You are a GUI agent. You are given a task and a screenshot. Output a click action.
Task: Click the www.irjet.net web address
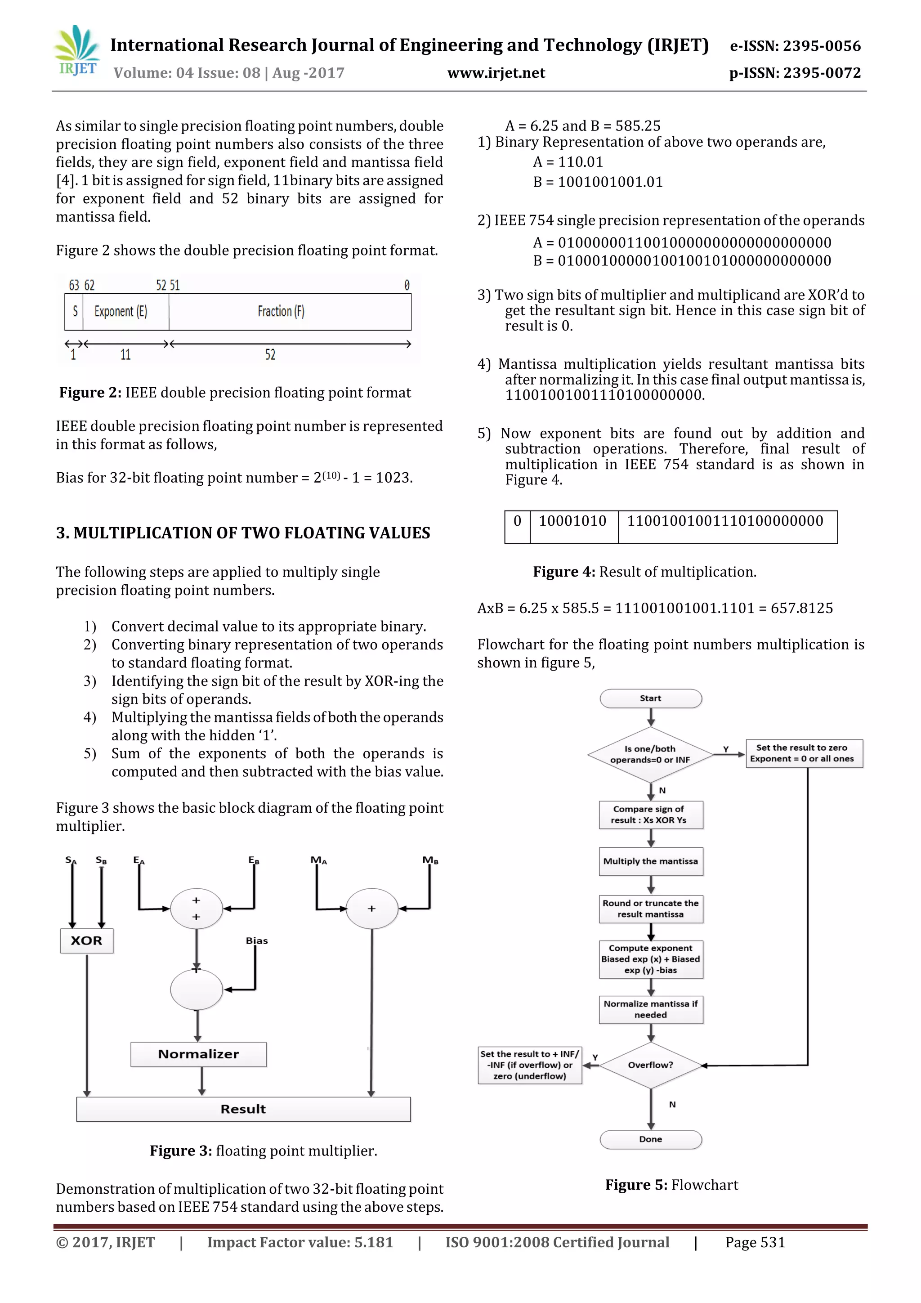coord(496,73)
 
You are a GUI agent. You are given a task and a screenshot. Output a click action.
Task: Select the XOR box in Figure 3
coord(86,940)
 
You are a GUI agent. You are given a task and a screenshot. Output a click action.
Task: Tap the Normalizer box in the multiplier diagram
coord(198,1054)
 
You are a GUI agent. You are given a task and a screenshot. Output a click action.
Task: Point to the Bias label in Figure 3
coord(256,941)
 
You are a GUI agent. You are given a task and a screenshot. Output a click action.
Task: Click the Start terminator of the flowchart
coord(650,699)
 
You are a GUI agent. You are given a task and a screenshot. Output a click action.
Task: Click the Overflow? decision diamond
coord(650,1065)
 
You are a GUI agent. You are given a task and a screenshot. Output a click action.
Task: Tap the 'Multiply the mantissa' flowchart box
coord(650,861)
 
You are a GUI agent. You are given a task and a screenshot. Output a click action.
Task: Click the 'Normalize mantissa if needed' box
coord(650,1010)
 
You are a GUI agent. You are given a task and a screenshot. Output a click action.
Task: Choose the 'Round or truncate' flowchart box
coord(650,909)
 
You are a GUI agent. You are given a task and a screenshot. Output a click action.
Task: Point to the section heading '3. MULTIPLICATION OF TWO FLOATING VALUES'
coord(243,533)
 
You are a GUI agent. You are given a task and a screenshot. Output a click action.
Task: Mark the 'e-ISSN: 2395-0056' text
coord(795,46)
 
